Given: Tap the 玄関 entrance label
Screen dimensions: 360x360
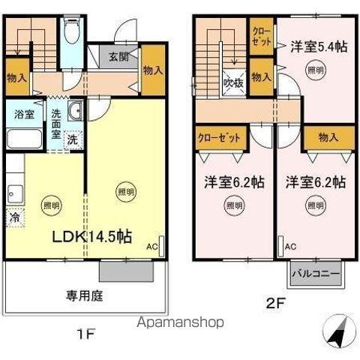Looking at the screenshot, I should pyautogui.click(x=117, y=57).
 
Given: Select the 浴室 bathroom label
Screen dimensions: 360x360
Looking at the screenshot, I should pyautogui.click(x=25, y=115).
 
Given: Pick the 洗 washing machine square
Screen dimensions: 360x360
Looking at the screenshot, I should pyautogui.click(x=73, y=139).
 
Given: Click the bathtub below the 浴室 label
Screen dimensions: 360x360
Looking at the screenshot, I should pyautogui.click(x=25, y=139).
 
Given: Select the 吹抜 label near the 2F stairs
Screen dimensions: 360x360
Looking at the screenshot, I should pyautogui.click(x=231, y=84).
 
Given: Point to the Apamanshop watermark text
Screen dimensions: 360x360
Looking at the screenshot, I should pyautogui.click(x=179, y=322).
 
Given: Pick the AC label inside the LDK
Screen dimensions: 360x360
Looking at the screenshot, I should pyautogui.click(x=151, y=245).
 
